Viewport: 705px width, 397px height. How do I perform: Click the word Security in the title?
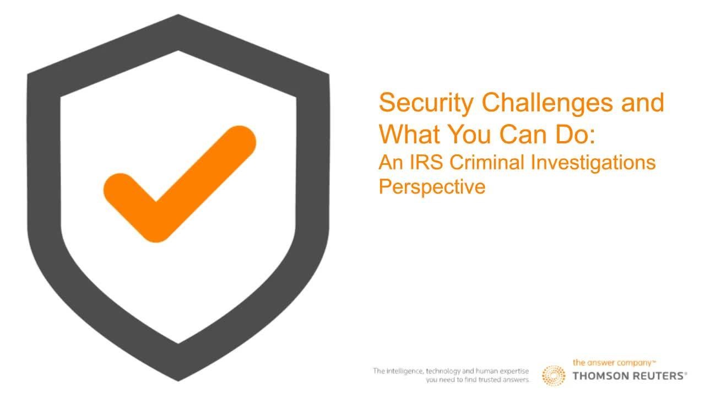[x=426, y=103]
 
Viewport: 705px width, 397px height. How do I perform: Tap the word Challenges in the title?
[x=547, y=103]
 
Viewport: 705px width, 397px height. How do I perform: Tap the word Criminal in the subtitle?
[x=487, y=162]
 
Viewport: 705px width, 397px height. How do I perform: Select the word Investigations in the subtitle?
[x=593, y=163]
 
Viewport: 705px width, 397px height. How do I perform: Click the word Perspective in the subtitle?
[x=432, y=187]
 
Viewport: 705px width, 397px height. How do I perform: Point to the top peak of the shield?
[x=178, y=14]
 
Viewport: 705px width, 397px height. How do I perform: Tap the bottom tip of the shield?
[x=178, y=381]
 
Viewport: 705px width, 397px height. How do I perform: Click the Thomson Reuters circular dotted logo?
[x=554, y=375]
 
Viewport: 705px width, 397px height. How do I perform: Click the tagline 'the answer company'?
[x=612, y=363]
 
